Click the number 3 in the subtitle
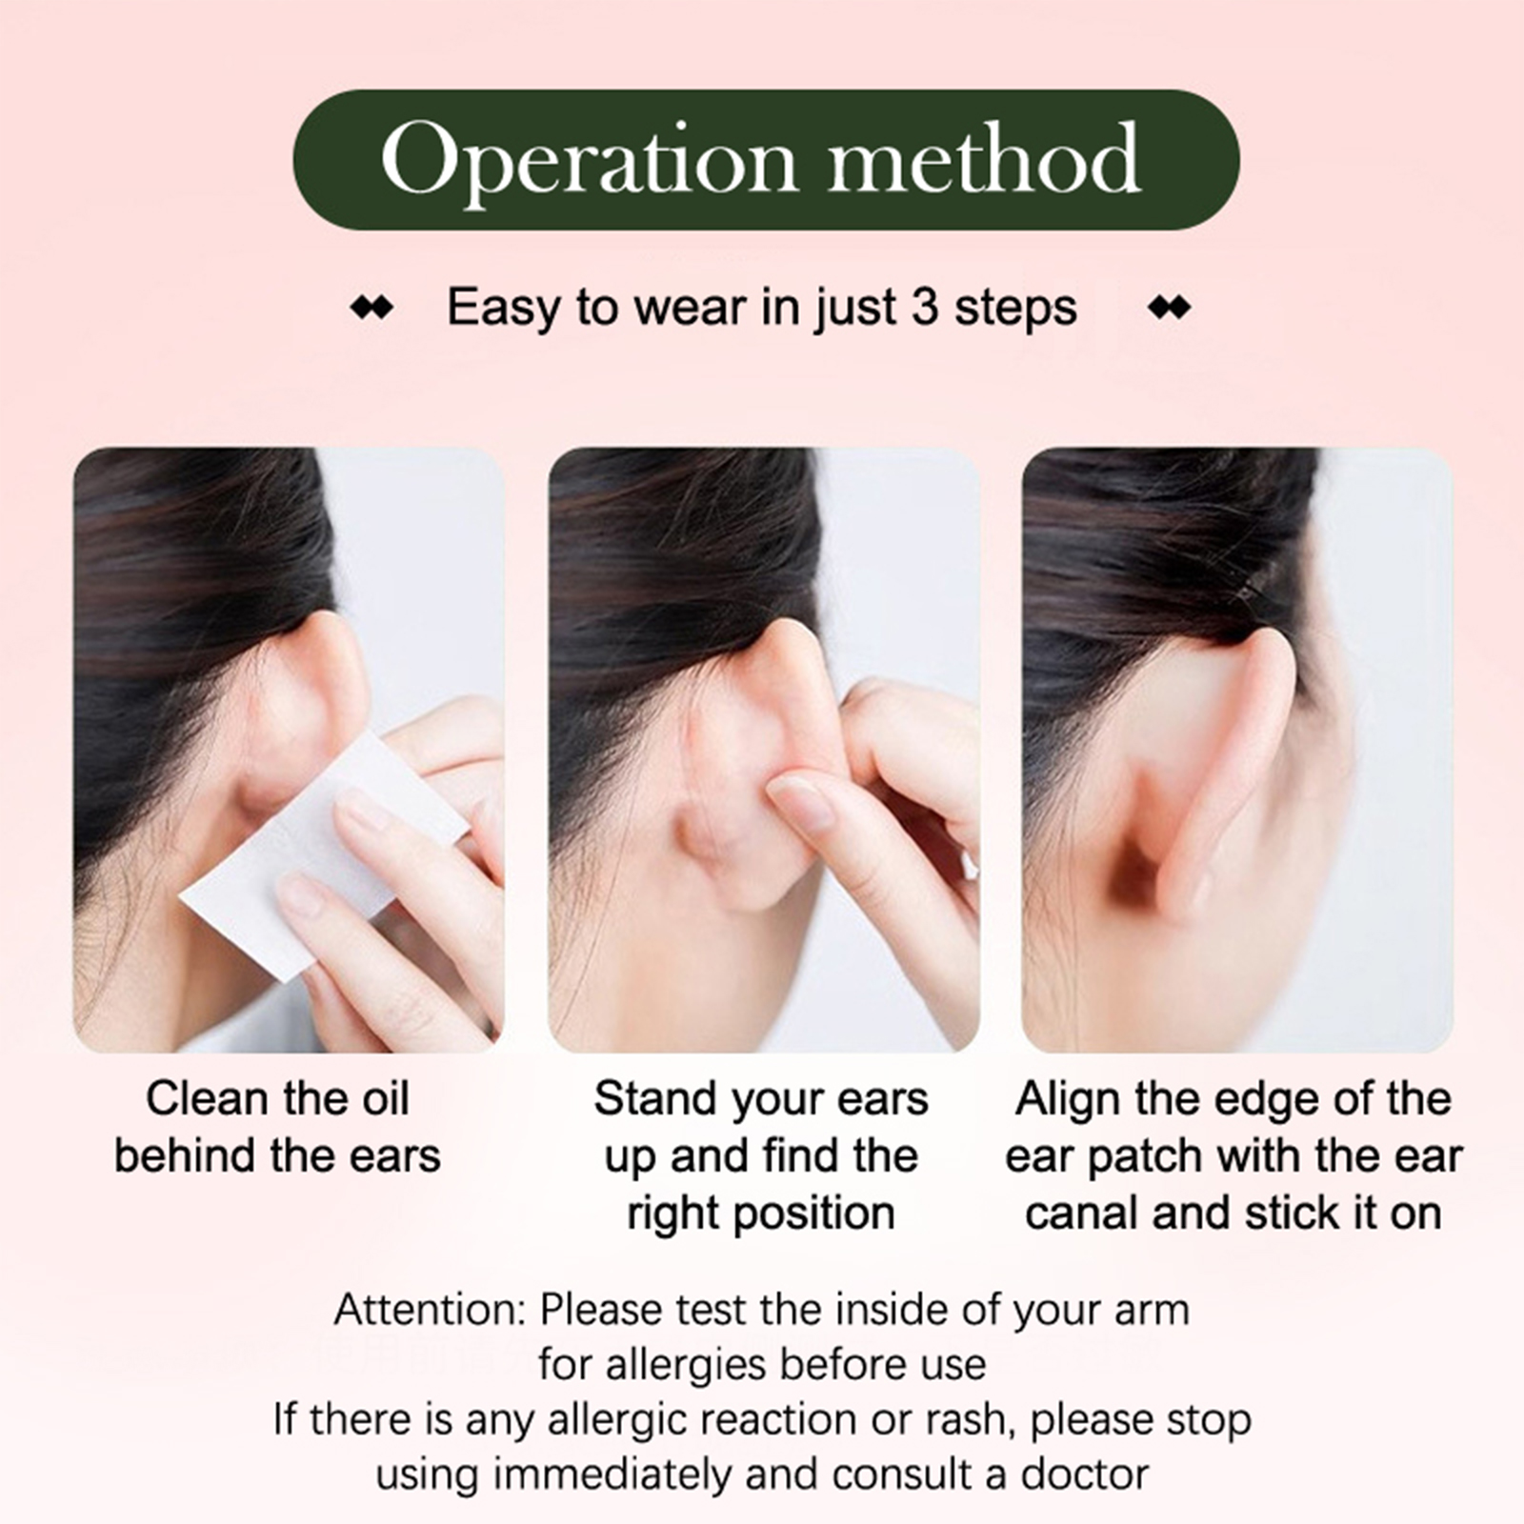(925, 308)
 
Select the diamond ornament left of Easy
(371, 309)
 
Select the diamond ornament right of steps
(1170, 309)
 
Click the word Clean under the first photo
(206, 1099)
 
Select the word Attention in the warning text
(430, 1310)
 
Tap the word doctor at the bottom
(1085, 1474)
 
